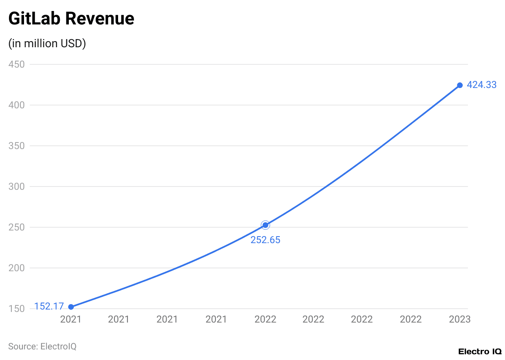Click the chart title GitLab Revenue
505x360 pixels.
pos(71,19)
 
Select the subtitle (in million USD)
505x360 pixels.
pos(47,44)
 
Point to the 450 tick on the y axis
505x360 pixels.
pos(17,64)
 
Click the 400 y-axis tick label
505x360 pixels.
pos(17,105)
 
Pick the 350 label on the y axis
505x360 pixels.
pos(17,146)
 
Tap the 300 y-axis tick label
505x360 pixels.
pos(17,187)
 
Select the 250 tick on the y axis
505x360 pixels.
pos(17,227)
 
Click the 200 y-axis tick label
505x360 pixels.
pos(17,268)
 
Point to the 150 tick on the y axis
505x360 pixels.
pos(17,309)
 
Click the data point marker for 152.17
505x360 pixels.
pos(71,307)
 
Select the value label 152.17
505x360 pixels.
pos(49,306)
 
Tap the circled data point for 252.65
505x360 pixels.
pos(266,225)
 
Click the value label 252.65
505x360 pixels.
pos(266,240)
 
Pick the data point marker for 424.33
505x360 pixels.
pos(460,85)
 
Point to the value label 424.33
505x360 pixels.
pos(482,85)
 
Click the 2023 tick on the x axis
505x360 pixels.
pos(460,319)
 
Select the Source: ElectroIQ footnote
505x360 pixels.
pos(42,347)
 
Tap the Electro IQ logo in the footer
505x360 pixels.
pos(480,351)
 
